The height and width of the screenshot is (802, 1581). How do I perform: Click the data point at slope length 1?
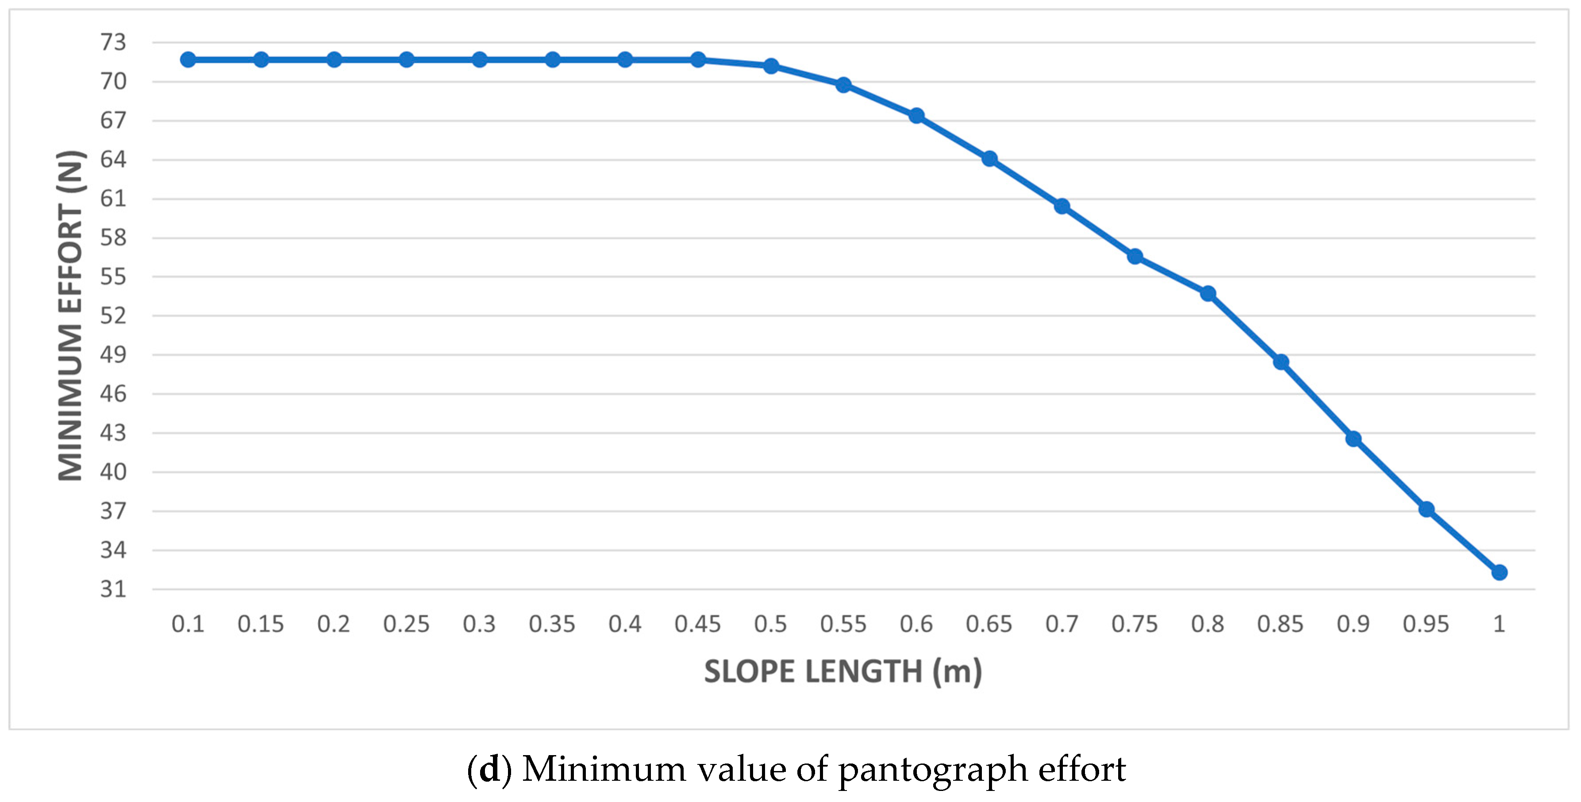pyautogui.click(x=1499, y=572)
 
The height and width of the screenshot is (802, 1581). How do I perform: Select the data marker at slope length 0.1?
pyautogui.click(x=188, y=60)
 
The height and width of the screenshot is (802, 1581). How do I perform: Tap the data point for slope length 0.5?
pyautogui.click(x=771, y=65)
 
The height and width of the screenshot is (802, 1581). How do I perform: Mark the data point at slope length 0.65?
pyautogui.click(x=989, y=159)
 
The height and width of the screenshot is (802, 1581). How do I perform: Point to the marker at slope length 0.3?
pyautogui.click(x=479, y=60)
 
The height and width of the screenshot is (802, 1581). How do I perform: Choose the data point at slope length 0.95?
pyautogui.click(x=1426, y=509)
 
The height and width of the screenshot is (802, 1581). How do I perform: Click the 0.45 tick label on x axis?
pyautogui.click(x=697, y=624)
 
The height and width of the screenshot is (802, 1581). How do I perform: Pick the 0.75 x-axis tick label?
pyautogui.click(x=1134, y=624)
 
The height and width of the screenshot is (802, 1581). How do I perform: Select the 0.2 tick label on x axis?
pyautogui.click(x=333, y=624)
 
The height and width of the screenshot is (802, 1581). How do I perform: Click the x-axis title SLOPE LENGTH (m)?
pyautogui.click(x=842, y=672)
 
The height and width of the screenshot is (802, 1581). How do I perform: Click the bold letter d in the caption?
pyautogui.click(x=489, y=769)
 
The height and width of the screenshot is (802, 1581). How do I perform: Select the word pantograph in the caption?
pyautogui.click(x=933, y=769)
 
